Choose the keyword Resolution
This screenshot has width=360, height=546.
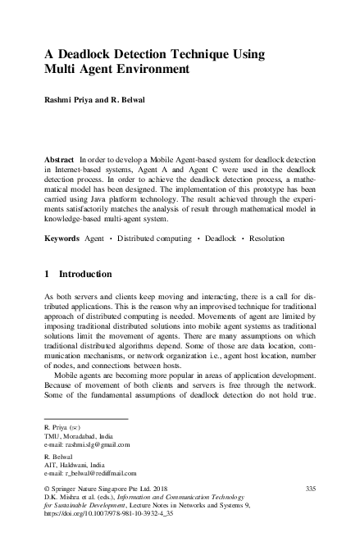(x=265, y=239)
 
